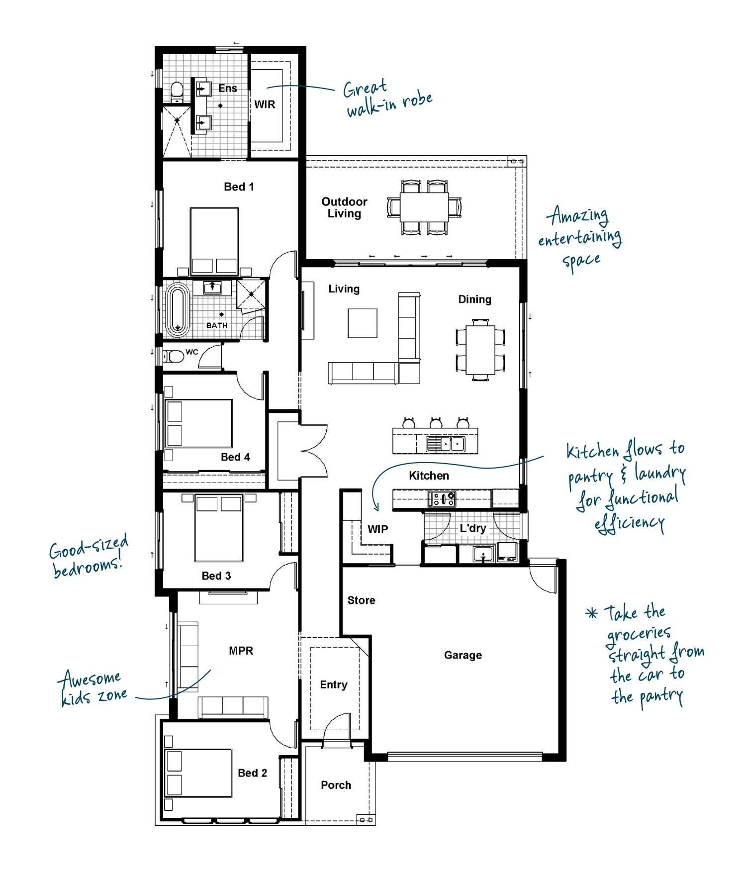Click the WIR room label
265,104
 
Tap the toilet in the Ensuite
177,93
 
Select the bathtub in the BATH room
178,309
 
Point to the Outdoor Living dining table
424,207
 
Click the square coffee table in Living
363,323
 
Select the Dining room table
480,350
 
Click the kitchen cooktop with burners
442,498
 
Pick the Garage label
463,655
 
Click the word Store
362,600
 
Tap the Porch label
336,785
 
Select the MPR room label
241,651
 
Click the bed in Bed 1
214,241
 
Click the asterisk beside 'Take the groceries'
591,613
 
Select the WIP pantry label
378,529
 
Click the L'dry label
472,528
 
